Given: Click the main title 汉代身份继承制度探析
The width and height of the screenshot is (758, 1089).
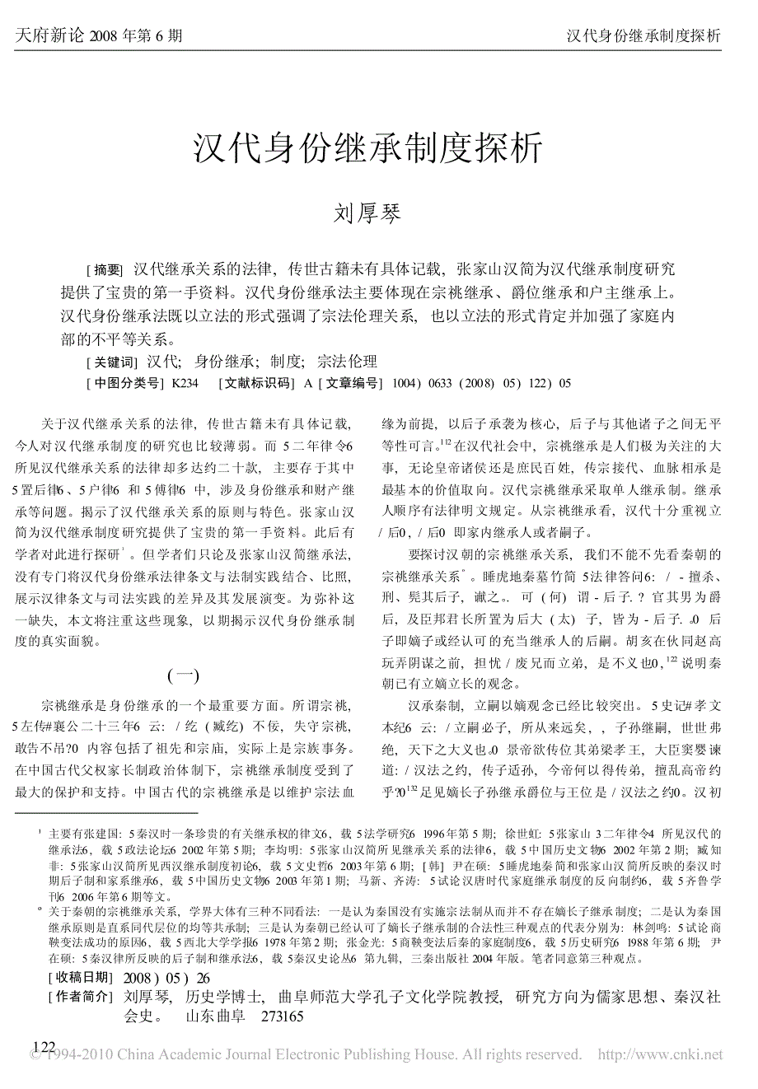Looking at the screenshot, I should point(367,149).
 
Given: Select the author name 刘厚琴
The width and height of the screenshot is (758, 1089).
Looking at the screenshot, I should point(367,213).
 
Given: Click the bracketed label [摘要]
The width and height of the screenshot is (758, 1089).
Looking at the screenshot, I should point(105,270).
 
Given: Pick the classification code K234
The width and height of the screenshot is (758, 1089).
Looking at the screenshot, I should point(185,383).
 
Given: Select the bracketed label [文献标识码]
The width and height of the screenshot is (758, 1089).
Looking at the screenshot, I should point(255,383).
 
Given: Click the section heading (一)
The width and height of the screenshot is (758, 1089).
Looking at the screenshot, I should point(183,676).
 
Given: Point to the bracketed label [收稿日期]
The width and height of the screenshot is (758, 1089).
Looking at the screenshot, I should point(80,978).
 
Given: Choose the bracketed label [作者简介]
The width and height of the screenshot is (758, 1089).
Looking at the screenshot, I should point(80,998).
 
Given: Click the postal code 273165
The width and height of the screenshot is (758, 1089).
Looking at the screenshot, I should point(282,1017).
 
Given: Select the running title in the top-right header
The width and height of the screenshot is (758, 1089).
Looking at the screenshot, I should point(643,35).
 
